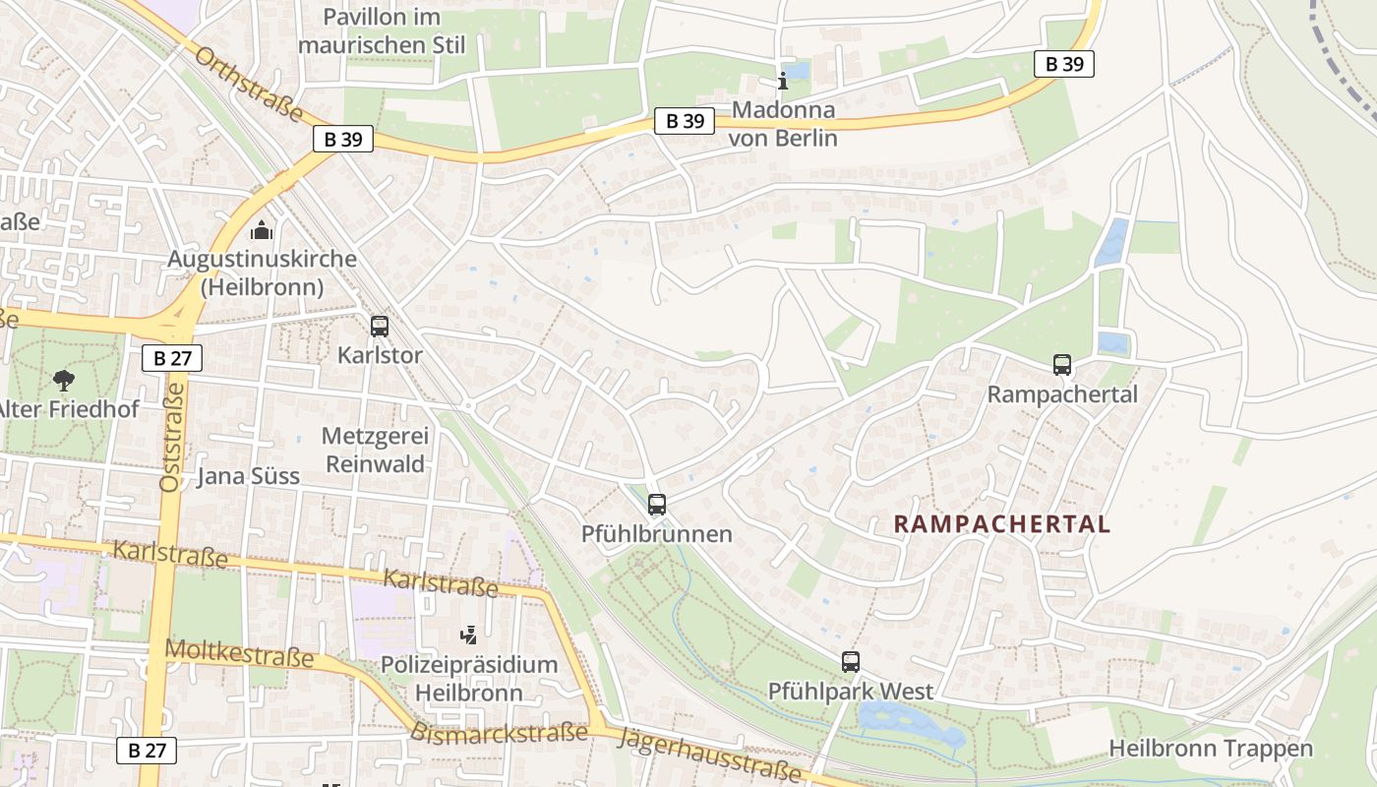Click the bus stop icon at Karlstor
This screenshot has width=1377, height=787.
[x=380, y=327]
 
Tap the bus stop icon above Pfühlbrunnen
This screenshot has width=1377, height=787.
[x=657, y=505]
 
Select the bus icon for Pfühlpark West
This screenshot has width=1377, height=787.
[x=851, y=662]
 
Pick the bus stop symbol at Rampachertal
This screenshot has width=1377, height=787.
[x=1062, y=365]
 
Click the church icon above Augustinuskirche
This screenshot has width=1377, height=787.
[x=262, y=231]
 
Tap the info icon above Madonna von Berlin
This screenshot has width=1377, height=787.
[x=783, y=81]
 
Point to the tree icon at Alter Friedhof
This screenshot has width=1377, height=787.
[x=64, y=380]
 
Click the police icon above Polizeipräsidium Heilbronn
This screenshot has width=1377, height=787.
[x=470, y=636]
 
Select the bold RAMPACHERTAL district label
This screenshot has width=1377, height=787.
[x=1001, y=524]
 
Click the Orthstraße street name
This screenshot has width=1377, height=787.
[x=249, y=85]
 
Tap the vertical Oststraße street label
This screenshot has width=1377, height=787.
[x=172, y=437]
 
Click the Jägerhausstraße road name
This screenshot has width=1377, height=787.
[x=710, y=756]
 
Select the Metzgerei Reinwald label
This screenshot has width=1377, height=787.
[x=374, y=450]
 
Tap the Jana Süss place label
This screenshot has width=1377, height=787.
[x=248, y=477]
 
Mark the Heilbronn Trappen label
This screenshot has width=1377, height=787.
[x=1210, y=749]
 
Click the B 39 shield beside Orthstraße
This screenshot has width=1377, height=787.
[x=343, y=140]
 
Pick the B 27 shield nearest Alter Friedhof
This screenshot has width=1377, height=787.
[x=172, y=358]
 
